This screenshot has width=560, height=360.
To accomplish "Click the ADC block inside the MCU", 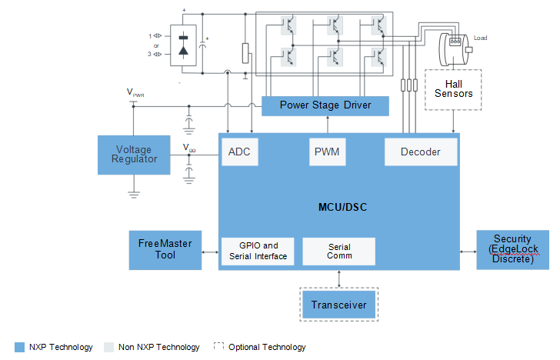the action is coord(240,152).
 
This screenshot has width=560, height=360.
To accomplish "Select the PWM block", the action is coord(327,152).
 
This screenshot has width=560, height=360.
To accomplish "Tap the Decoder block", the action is coord(421,152).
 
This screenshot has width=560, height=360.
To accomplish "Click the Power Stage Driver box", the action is coord(325,105).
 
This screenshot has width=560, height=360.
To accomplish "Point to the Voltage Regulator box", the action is coord(134,155).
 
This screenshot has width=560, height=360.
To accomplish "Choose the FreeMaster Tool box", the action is coord(165,250).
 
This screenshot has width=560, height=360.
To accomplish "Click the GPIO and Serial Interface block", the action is coord(258,251).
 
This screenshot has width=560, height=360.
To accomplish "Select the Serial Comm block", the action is coord(339,251).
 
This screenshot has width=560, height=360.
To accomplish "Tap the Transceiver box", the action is coord(339,305).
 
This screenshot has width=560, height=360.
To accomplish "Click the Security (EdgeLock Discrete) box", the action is coord(512,250).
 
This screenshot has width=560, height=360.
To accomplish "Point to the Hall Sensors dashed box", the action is coord(453,90).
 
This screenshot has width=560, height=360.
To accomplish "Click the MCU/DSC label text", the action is coord(342,207).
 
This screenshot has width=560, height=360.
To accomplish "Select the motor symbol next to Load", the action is coord(455,49).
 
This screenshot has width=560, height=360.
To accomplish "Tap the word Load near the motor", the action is coord(480,38).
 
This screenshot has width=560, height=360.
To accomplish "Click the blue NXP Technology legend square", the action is coord(20,347).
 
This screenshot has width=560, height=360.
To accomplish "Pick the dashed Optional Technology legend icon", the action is coord(218,346).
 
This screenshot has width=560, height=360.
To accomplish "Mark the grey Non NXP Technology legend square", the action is coord(108,347).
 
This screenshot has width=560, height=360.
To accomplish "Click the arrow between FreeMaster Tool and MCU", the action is coord(210,252).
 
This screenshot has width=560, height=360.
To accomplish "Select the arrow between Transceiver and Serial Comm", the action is coord(339,279).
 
